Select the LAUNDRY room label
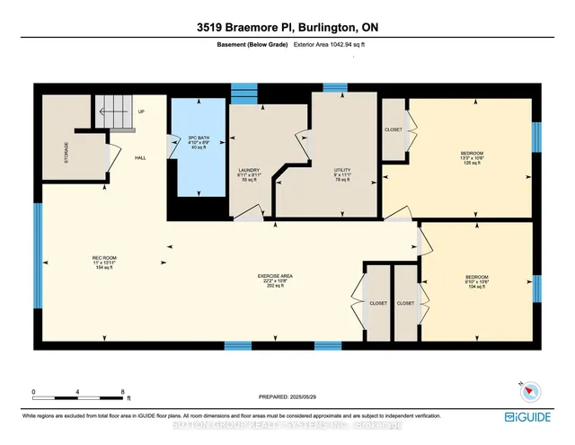tap(250, 168)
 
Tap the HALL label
tap(140, 158)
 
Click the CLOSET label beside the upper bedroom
tap(394, 129)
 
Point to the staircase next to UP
tap(112, 111)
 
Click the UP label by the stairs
tap(141, 112)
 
